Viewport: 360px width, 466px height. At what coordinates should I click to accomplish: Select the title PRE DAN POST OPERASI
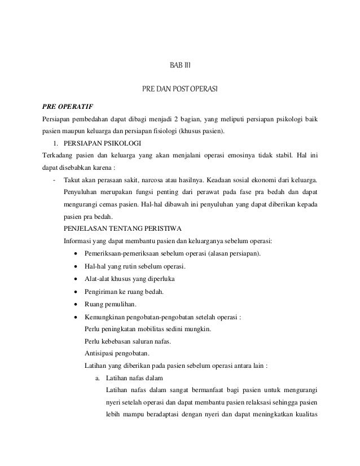180,89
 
